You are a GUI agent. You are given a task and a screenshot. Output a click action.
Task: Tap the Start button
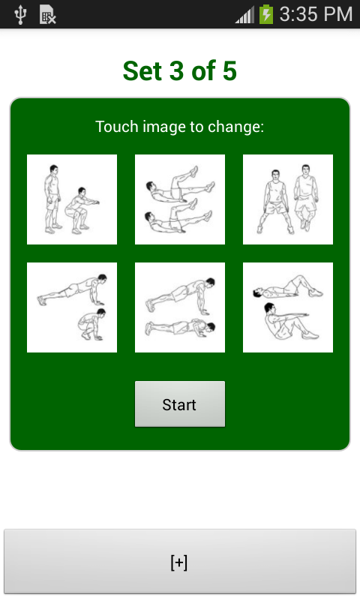[x=180, y=403]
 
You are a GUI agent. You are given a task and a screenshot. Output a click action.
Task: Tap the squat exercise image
[x=72, y=199]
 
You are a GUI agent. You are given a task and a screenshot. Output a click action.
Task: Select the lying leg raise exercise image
[x=180, y=199]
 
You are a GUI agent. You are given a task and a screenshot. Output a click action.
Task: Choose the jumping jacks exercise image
[x=288, y=199]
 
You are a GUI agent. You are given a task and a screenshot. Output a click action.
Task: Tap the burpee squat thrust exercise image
[x=72, y=307]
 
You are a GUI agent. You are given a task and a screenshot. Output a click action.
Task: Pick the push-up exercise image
[x=180, y=307]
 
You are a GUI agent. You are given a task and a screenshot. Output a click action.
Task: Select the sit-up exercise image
[x=288, y=307]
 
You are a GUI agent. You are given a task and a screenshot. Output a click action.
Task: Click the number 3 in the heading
[x=176, y=71]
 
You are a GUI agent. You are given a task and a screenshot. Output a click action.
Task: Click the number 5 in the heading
[x=229, y=71]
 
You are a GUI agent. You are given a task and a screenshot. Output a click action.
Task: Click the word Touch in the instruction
[x=117, y=127]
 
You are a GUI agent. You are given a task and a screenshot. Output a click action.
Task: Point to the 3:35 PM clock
[x=316, y=14]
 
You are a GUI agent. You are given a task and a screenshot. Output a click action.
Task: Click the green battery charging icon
[x=266, y=14]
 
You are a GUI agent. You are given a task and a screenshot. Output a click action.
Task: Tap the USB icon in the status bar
[x=20, y=15]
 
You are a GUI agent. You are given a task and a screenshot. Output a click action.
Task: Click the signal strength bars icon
[x=244, y=16]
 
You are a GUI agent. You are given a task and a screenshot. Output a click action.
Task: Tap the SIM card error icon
[x=48, y=15]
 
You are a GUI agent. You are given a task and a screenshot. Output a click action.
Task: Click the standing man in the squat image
[x=52, y=199]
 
